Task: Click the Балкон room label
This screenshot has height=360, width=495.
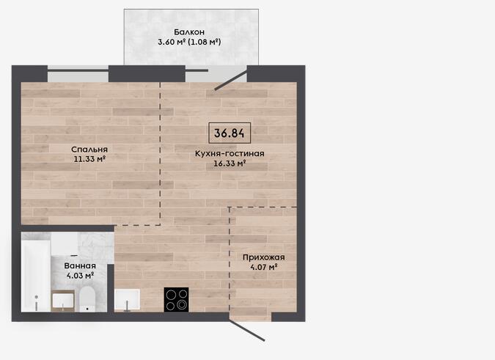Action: point(189,32)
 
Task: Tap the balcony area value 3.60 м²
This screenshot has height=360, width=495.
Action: point(172,42)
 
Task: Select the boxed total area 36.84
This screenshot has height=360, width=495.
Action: point(230,133)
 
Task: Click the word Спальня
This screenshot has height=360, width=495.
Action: point(89,150)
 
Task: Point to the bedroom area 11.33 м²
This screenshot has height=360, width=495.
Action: point(89,159)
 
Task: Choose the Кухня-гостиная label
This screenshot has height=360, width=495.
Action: point(230,154)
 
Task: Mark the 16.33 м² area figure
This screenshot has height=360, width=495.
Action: point(230,164)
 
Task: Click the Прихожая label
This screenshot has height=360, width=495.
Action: point(263,257)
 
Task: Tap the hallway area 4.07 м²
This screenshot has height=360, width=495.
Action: point(263,267)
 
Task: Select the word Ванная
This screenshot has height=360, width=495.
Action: point(80,266)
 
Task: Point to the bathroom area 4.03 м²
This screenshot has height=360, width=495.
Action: point(80,276)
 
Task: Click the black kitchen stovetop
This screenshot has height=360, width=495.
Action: point(177,300)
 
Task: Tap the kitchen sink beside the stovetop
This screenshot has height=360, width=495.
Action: point(127,300)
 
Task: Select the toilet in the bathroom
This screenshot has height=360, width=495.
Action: point(87,299)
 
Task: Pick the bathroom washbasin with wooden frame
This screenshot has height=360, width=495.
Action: point(63,301)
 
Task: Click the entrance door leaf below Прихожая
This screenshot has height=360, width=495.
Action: point(247,331)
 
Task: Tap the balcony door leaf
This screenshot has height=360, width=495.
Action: point(231,80)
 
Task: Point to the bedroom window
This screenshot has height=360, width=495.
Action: point(78,74)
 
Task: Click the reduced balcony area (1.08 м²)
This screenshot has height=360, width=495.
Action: point(205,42)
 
